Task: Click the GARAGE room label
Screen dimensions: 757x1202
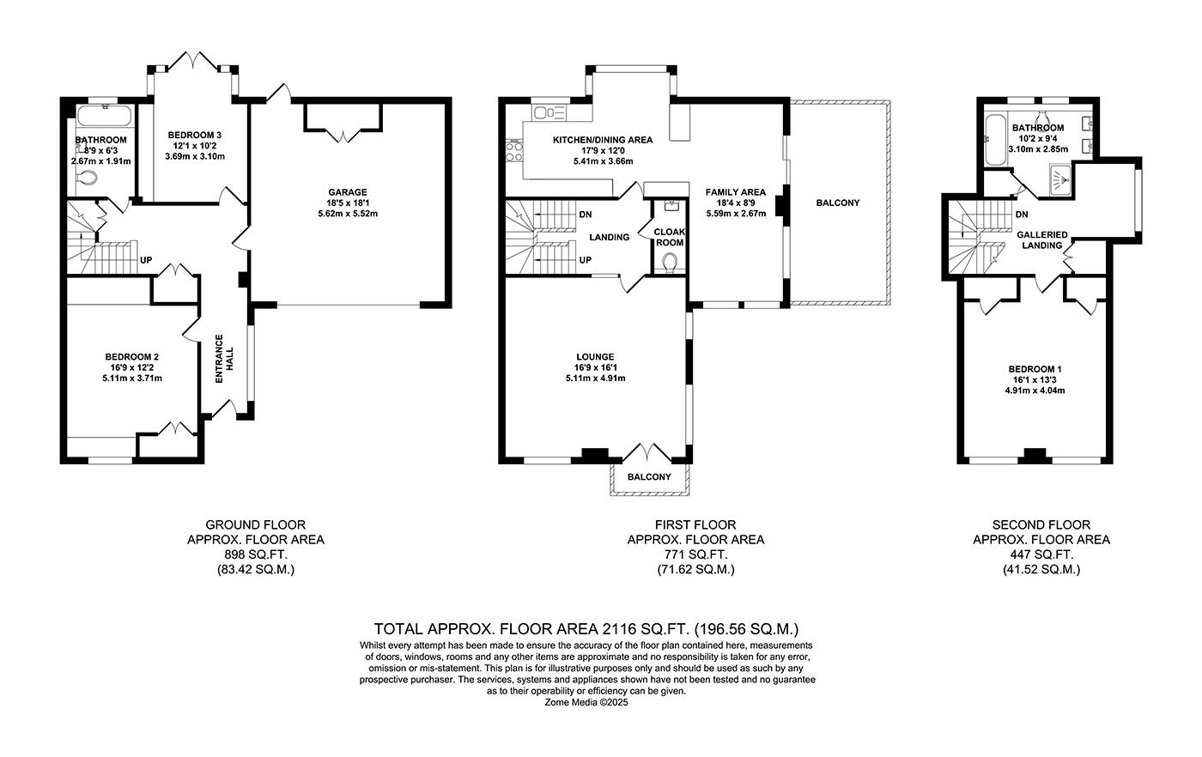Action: (347, 192)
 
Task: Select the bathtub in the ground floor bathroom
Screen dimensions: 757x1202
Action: (102, 116)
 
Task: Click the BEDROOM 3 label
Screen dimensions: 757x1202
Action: (194, 135)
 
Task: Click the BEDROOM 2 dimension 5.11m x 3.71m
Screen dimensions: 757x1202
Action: (131, 378)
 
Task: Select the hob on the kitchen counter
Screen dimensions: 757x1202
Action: (515, 152)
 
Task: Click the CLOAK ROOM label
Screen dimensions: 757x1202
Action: (669, 237)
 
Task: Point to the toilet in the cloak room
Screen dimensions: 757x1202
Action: (670, 261)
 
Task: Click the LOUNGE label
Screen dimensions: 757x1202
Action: (595, 357)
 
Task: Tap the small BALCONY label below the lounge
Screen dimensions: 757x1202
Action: (649, 477)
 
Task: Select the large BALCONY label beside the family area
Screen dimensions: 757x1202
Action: (837, 203)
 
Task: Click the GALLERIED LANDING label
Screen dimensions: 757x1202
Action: (1041, 239)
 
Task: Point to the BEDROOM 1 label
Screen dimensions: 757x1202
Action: (1035, 369)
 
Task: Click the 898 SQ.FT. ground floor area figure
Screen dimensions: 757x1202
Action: (255, 554)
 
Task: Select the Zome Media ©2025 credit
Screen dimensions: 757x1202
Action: (587, 701)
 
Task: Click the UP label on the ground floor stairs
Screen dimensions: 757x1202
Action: (146, 259)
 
